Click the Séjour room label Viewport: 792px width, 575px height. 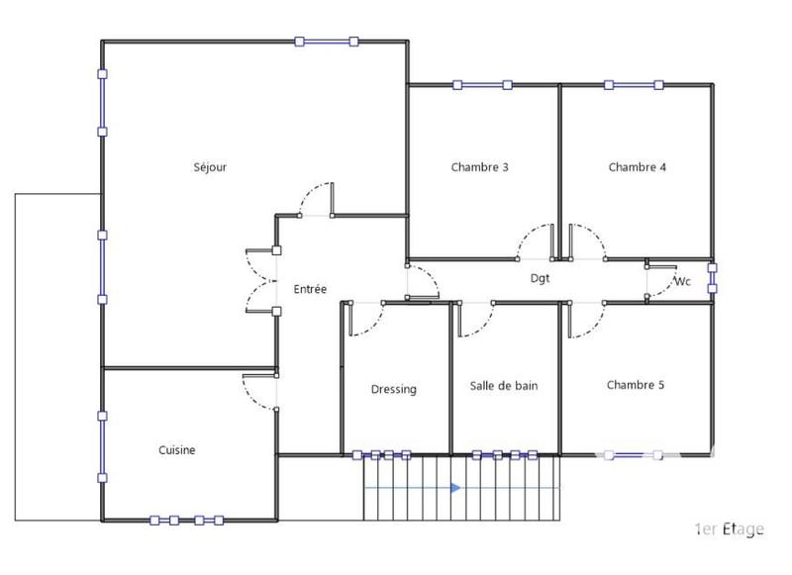point(210,167)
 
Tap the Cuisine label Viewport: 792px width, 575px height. point(177,450)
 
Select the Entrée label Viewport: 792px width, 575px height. point(310,289)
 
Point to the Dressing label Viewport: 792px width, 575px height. point(394,389)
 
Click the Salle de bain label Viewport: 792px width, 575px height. point(504,386)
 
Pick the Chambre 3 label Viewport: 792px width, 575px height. point(479,167)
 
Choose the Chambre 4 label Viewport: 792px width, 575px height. point(637,167)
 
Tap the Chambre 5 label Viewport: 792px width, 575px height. point(636,385)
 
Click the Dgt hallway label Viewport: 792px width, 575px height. point(540,279)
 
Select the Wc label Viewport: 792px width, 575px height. point(682,281)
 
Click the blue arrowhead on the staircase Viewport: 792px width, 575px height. point(455,488)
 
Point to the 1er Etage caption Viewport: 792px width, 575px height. point(729,529)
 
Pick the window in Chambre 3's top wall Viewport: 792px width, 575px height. point(481,85)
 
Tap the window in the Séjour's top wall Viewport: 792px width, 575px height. point(326,41)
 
